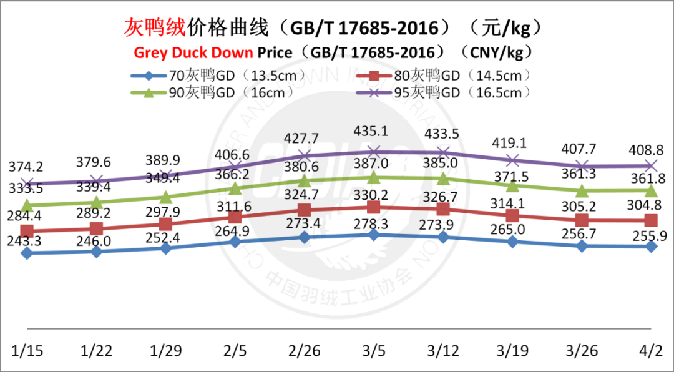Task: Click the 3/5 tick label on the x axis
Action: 373,350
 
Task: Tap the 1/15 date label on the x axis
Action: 26,350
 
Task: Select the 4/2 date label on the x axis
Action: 651,350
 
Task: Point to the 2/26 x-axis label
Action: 304,350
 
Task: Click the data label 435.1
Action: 373,132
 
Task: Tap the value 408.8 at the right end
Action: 651,150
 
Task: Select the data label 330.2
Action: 373,193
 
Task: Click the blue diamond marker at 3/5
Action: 373,235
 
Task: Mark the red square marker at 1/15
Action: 26,231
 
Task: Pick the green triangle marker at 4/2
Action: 651,190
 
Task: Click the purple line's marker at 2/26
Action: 304,155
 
